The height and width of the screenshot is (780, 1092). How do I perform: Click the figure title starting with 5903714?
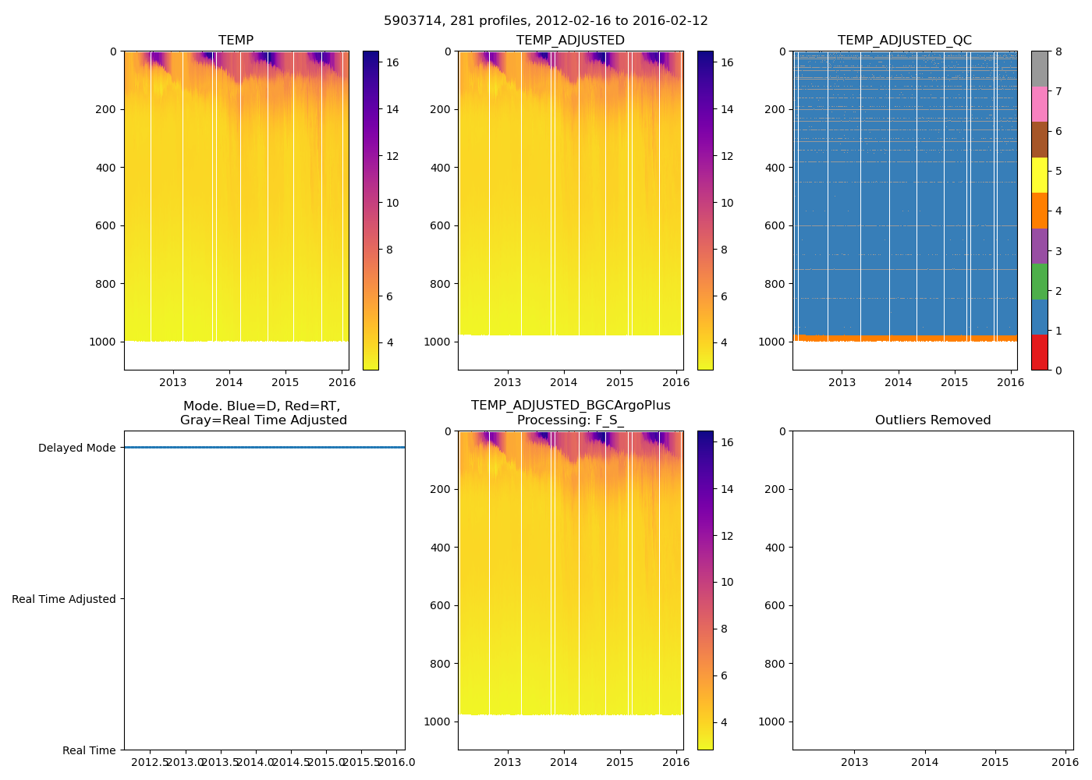[x=545, y=21]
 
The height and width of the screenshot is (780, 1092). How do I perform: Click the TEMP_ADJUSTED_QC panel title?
[x=904, y=41]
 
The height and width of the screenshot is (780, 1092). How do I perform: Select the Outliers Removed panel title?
[x=932, y=420]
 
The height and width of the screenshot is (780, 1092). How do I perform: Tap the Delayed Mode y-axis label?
[x=76, y=448]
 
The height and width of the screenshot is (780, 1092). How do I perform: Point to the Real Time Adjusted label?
[x=64, y=599]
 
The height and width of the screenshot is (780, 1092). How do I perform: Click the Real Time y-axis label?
[x=89, y=750]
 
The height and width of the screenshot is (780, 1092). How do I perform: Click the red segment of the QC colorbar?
[x=1039, y=352]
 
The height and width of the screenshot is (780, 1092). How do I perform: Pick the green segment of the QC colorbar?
[x=1039, y=282]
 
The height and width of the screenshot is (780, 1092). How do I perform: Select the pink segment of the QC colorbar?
[x=1039, y=104]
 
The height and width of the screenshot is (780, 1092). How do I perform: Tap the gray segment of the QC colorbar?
[x=1039, y=69]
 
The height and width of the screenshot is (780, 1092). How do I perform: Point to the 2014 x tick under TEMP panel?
[x=229, y=382]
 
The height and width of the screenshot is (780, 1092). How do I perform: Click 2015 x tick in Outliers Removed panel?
[x=994, y=762]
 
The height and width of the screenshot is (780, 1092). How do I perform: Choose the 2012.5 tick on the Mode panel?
[x=151, y=762]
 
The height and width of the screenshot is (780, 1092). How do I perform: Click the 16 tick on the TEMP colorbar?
[x=392, y=62]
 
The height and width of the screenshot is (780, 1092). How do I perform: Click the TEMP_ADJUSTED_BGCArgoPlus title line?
[x=570, y=406]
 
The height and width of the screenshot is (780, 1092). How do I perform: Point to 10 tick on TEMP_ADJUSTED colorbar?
[x=726, y=203]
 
